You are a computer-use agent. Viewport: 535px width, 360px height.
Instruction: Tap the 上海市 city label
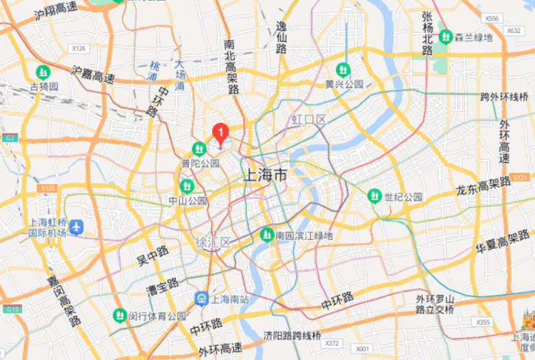coord(265,175)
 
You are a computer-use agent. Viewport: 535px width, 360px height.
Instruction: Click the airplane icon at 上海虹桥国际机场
coord(76,227)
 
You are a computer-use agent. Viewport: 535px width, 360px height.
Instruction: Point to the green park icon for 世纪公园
coord(374,196)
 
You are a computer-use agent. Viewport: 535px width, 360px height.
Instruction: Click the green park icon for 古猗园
coord(43,71)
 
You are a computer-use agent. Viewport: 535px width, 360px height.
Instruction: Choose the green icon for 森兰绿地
coord(446,37)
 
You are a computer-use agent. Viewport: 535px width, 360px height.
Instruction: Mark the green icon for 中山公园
coord(185,186)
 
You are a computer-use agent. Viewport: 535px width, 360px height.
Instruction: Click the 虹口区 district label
coord(308,120)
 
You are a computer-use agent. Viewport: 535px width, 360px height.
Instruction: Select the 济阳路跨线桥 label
coord(293,335)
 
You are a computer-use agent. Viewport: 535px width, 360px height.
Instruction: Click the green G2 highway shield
coord(9,138)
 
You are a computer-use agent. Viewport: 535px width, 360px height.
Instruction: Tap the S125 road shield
coord(47,188)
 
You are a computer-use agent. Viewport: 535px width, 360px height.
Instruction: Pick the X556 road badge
coord(491,18)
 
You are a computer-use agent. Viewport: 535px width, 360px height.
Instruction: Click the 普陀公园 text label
coord(201,164)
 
